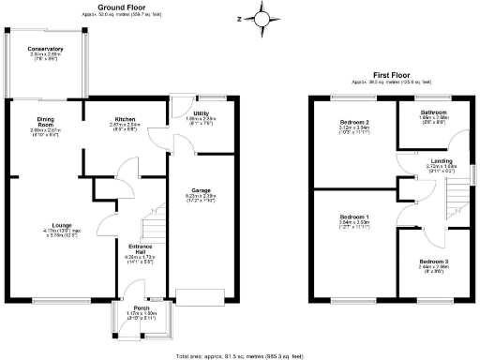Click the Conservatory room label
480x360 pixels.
(45, 49)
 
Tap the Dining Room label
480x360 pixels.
(45, 124)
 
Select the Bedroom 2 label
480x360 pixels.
(353, 123)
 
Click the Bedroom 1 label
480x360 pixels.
(353, 217)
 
